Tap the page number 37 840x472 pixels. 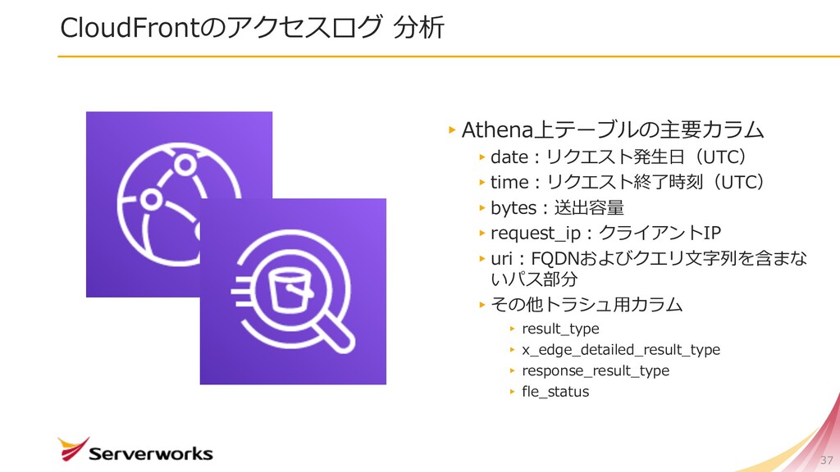(826, 459)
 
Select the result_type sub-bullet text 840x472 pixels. (560, 329)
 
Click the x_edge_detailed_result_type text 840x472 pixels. (621, 350)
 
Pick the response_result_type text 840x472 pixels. (596, 370)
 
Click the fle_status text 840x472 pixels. (555, 392)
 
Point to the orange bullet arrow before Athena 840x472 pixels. (452, 129)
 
